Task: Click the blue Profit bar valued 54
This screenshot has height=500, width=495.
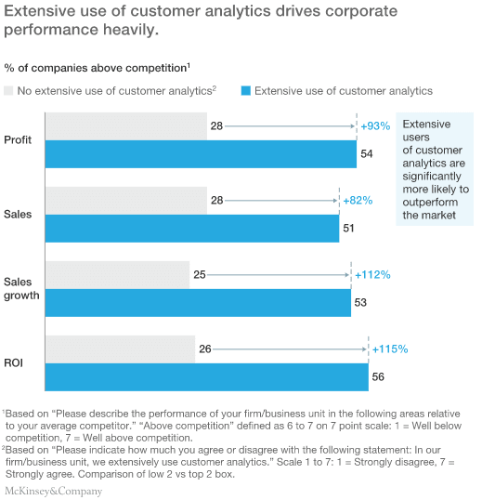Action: pyautogui.click(x=201, y=153)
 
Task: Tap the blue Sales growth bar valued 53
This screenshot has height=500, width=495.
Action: pyautogui.click(x=198, y=302)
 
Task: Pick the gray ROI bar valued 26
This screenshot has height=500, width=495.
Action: pyautogui.click(x=120, y=349)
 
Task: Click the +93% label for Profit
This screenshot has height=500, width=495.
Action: pyautogui.click(x=375, y=125)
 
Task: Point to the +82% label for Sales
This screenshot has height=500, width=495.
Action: pyautogui.click(x=358, y=201)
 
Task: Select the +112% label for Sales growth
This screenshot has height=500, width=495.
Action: pyautogui.click(x=372, y=274)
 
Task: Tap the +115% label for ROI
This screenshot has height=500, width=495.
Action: pyautogui.click(x=389, y=349)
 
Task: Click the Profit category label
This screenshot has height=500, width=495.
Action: pyautogui.click(x=18, y=139)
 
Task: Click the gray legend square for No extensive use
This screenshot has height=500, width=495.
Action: pyautogui.click(x=9, y=91)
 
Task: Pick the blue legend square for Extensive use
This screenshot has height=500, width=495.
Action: pyautogui.click(x=245, y=91)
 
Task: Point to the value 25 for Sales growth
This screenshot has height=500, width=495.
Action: pyautogui.click(x=199, y=274)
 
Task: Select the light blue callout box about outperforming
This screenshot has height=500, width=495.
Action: pyautogui.click(x=435, y=169)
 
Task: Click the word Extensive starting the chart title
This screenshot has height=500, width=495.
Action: pyautogui.click(x=38, y=12)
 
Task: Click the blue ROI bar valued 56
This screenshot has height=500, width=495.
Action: pyautogui.click(x=206, y=377)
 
